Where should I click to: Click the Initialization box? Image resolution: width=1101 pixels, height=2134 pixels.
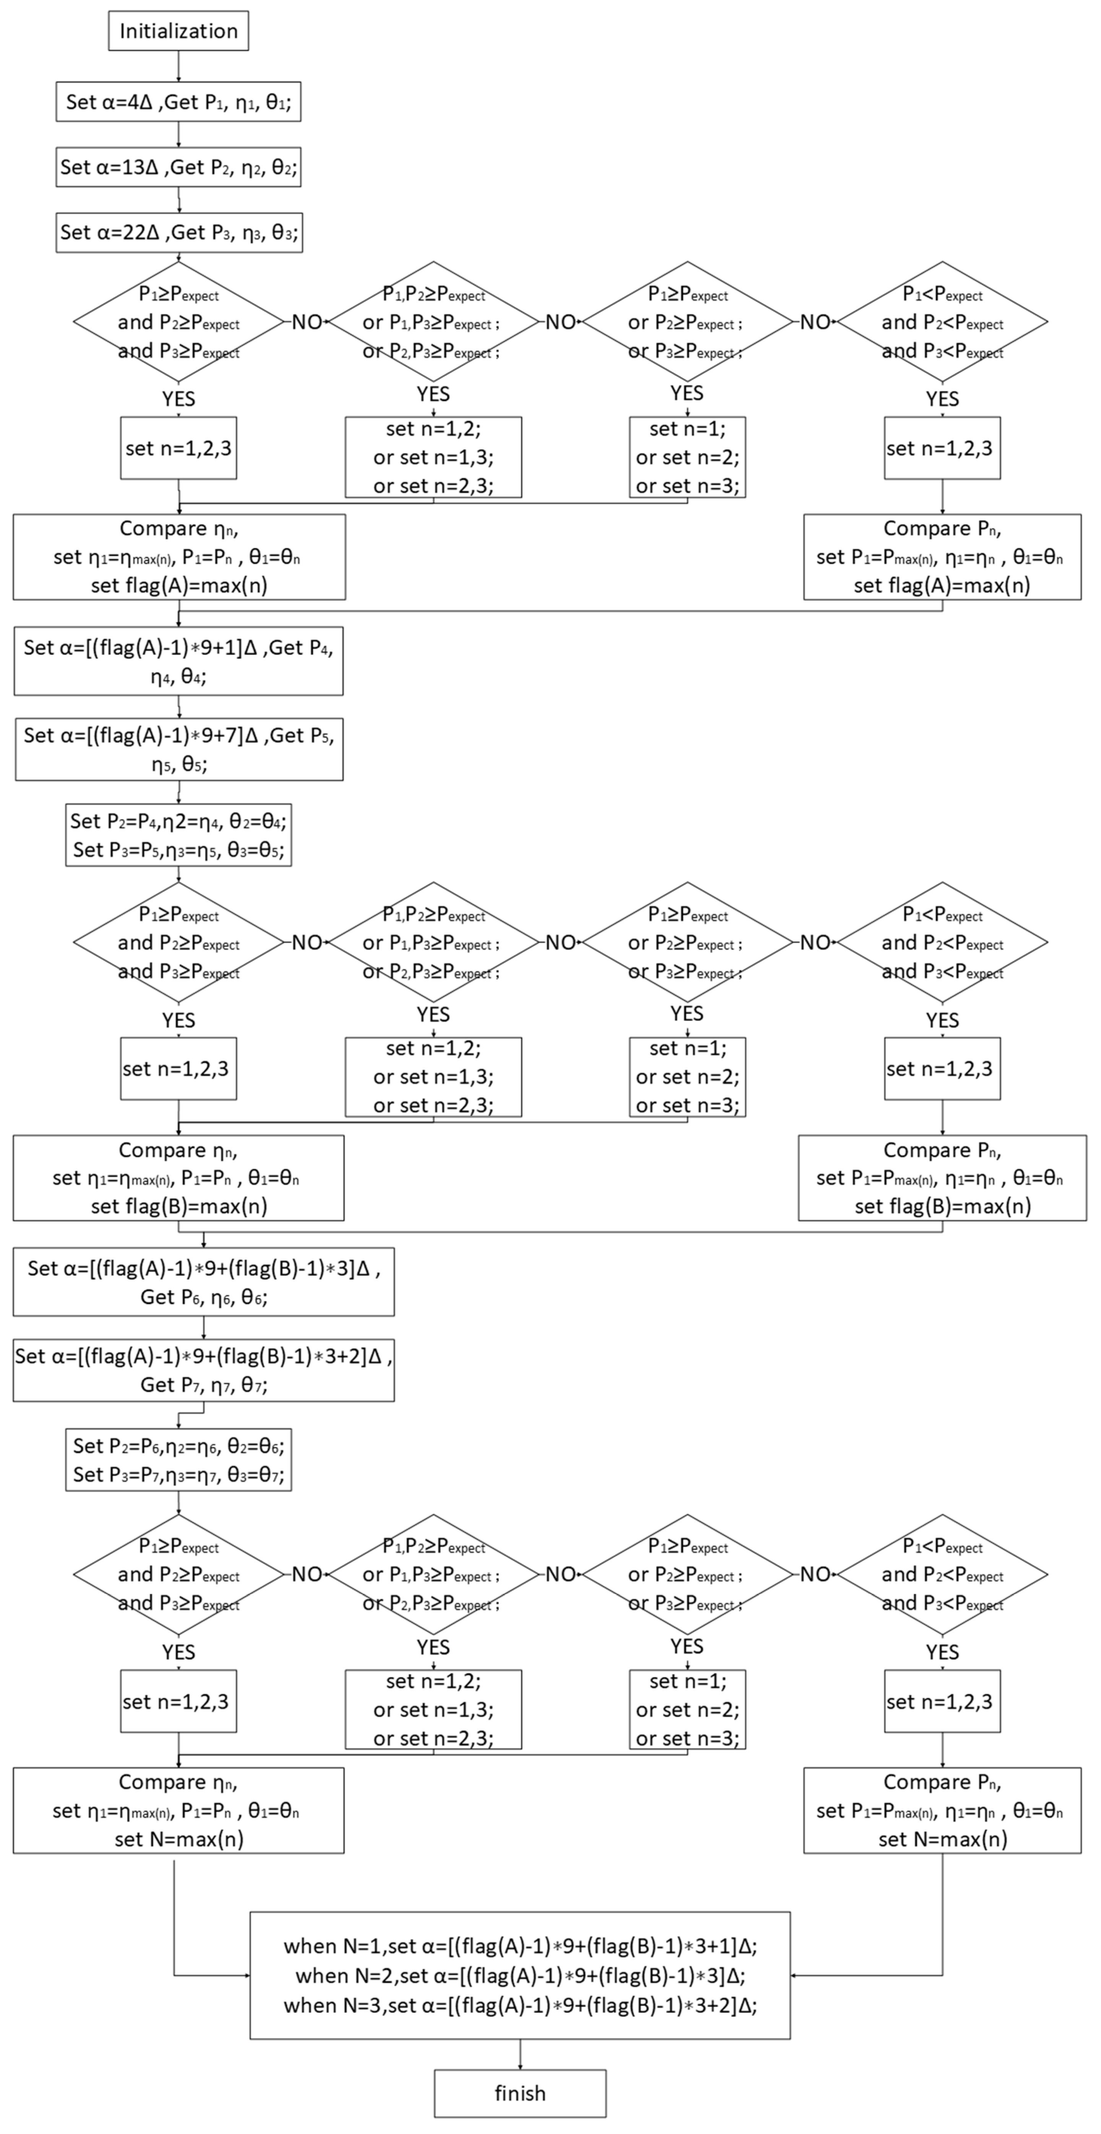(178, 31)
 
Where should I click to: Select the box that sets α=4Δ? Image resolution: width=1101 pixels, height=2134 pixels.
(178, 101)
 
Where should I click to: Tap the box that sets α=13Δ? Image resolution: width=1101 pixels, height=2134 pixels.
(178, 167)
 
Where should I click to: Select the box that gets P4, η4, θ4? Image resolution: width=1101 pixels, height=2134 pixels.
(178, 661)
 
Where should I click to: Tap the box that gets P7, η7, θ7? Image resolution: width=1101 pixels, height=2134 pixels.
(203, 1370)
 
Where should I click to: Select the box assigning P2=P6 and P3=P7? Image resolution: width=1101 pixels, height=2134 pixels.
(178, 1460)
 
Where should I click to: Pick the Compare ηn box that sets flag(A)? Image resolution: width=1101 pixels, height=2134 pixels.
(179, 557)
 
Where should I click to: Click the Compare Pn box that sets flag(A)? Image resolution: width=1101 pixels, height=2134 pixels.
(942, 557)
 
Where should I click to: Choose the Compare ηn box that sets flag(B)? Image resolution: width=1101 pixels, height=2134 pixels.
(178, 1177)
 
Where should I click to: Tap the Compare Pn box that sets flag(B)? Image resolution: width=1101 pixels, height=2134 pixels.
(942, 1177)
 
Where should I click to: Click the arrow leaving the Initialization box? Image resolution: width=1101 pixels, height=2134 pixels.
(178, 66)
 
